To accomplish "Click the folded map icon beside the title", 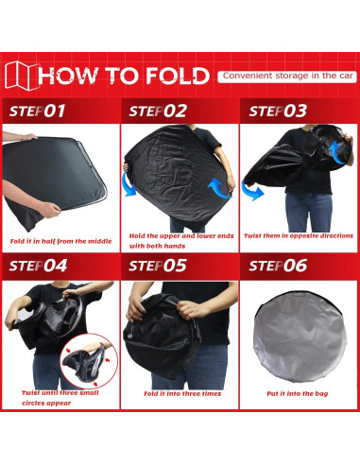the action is coord(22,76).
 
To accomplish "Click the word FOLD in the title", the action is coord(178,76).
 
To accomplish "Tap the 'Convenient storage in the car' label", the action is coord(287,77).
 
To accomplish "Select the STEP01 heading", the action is coord(37,111).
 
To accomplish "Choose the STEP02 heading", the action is coord(158,111).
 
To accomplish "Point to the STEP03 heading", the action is coord(278,111).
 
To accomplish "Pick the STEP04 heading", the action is coord(38,266).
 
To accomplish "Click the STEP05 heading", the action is coord(158,266).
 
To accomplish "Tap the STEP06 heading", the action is coord(278,266).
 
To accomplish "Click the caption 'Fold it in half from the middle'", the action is coord(60,241).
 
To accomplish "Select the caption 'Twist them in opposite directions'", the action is coord(299,236).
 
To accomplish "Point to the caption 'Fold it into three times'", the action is coord(182,393).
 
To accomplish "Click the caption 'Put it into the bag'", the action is coord(297,393).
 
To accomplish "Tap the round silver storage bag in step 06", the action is coord(300,336).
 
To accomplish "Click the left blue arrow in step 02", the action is coord(129,184).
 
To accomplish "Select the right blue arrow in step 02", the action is coord(218,189).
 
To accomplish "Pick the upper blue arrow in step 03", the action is coord(337,152).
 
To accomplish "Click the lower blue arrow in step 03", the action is coord(251,191).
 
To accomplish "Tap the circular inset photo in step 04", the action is coord(89,360).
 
